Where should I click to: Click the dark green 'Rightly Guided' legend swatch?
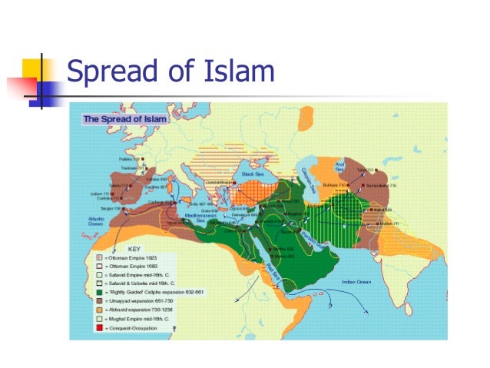(x=98, y=292)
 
